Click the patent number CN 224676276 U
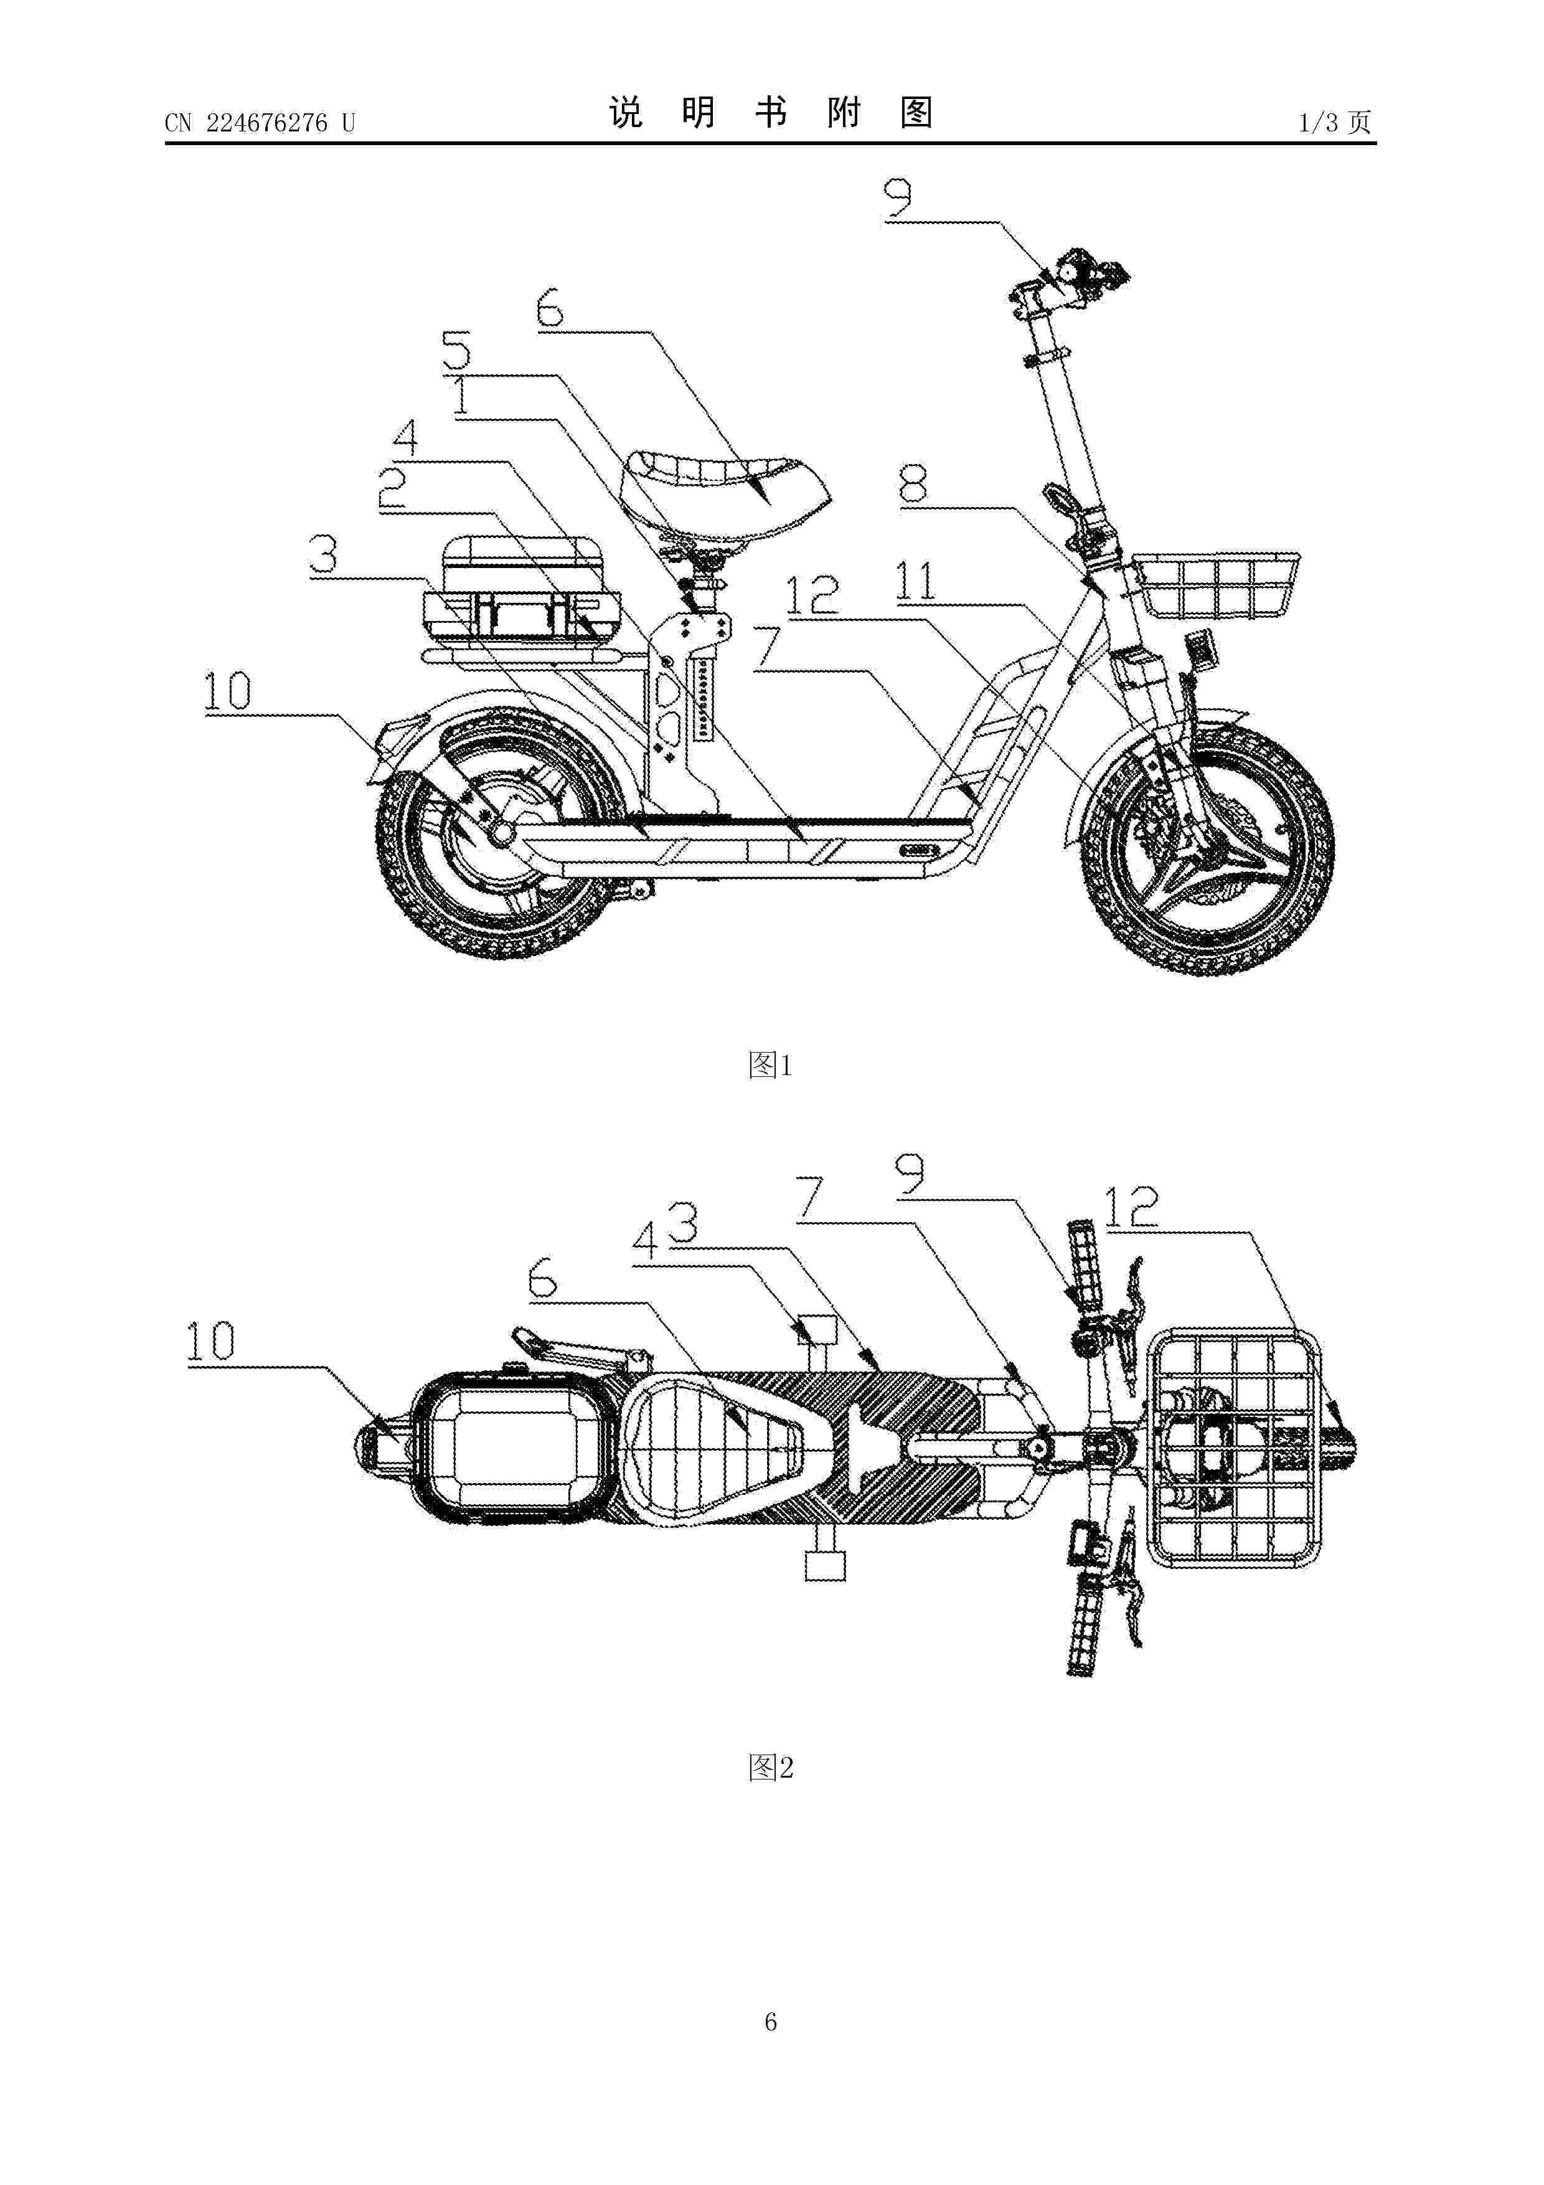click(260, 123)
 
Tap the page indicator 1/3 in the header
click(1319, 123)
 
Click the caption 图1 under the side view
click(771, 1065)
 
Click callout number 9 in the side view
click(898, 199)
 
